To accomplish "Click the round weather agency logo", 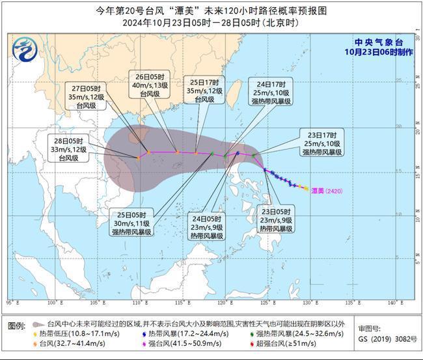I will pyautogui.click(x=25, y=48).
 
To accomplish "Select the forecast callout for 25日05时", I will pyautogui.click(x=131, y=222).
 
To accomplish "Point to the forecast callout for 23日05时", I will pyautogui.click(x=276, y=220).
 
